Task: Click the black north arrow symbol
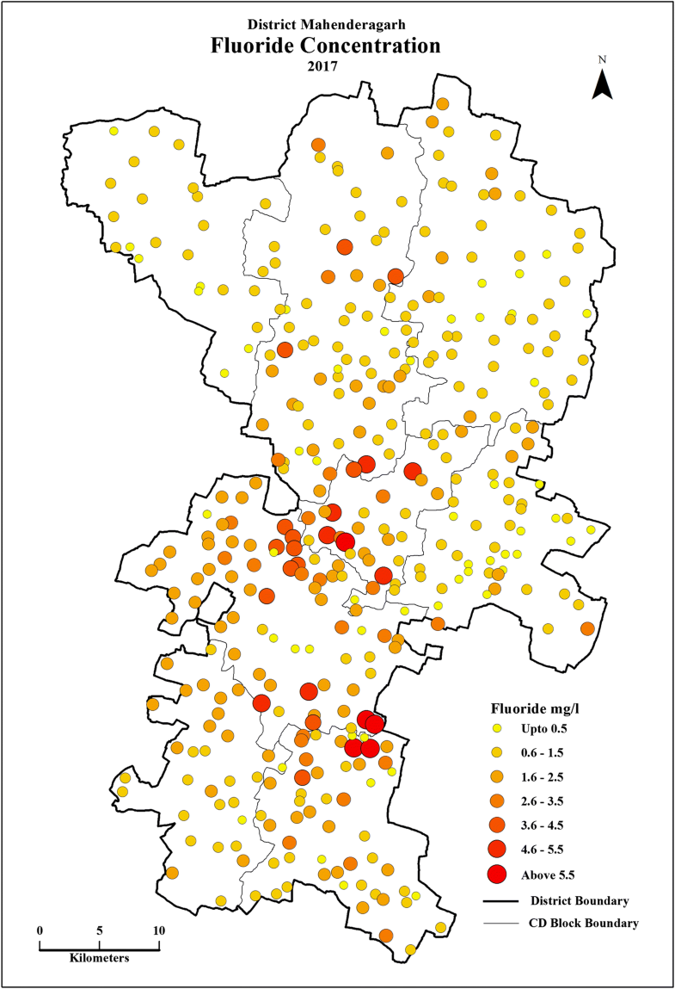[x=604, y=84]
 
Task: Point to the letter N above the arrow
[x=604, y=60]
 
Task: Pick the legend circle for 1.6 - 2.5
[x=495, y=777]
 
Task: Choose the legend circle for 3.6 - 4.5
[x=495, y=825]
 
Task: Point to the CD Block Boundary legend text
[x=585, y=924]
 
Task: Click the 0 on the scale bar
[x=40, y=931]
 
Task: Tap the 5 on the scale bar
[x=100, y=931]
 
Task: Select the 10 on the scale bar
[x=159, y=931]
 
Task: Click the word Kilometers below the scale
[x=100, y=958]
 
